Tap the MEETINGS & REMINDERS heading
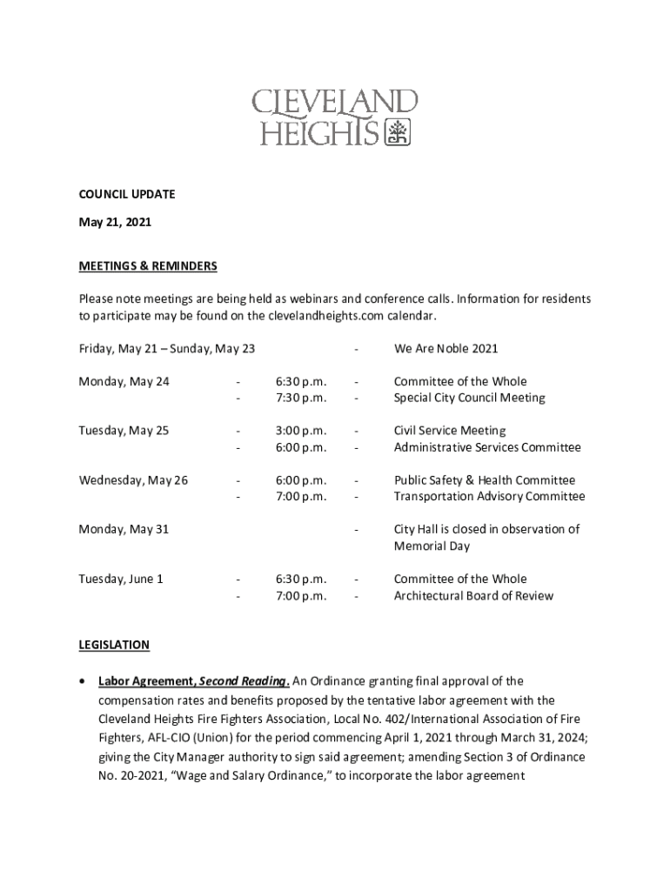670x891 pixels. (147, 265)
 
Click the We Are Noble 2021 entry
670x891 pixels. (446, 349)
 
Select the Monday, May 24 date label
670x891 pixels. (124, 381)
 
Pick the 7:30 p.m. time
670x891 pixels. (301, 398)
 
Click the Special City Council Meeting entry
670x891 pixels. (470, 398)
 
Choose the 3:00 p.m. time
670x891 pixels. (301, 431)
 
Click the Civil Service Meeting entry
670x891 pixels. (450, 431)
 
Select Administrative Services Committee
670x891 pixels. (487, 447)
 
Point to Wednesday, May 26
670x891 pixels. (133, 480)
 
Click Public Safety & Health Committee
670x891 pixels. (485, 480)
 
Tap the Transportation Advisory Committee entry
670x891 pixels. (490, 497)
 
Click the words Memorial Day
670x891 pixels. (432, 546)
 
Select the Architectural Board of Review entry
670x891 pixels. (473, 596)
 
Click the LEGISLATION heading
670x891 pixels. (114, 645)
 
